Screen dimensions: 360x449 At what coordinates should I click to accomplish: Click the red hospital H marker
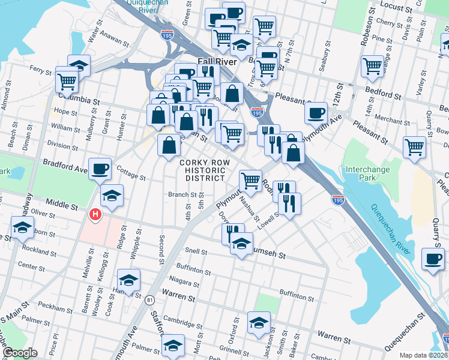pyautogui.click(x=94, y=214)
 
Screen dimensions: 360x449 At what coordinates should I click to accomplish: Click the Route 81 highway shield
pyautogui.click(x=149, y=299)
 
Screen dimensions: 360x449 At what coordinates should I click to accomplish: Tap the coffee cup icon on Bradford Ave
pyautogui.click(x=100, y=168)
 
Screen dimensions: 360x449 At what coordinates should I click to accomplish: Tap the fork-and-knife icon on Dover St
pyautogui.click(x=233, y=233)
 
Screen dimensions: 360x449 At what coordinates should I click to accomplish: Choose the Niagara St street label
pyautogui.click(x=184, y=280)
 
